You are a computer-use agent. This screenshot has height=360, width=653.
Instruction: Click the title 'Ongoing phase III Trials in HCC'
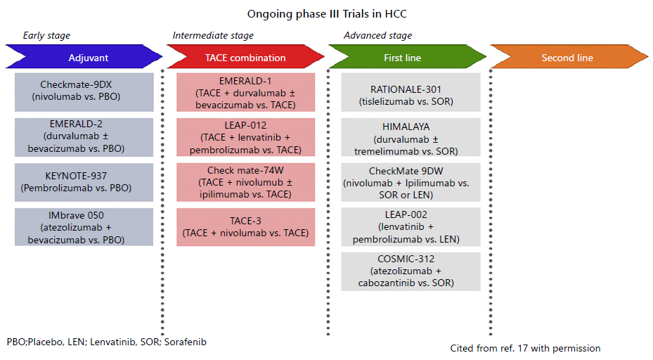327,14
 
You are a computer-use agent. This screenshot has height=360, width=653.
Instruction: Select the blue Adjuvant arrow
84,57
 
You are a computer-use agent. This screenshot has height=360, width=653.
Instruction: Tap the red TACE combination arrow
246,57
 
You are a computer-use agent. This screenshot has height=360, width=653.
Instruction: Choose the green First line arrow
407,57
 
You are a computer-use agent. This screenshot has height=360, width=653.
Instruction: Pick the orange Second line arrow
569,57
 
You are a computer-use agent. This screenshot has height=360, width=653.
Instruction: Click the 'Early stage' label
46,35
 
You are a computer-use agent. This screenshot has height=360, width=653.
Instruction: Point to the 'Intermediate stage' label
213,35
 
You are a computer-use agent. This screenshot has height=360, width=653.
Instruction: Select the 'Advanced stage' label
377,35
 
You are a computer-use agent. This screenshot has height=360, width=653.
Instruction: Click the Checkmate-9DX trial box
84,92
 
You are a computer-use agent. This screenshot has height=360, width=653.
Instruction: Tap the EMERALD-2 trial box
84,137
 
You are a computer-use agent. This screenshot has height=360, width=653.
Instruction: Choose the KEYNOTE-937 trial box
84,182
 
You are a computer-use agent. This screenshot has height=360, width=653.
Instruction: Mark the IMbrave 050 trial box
84,226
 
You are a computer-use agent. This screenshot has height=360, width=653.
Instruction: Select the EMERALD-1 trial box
246,92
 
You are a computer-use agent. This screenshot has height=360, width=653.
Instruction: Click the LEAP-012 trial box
246,137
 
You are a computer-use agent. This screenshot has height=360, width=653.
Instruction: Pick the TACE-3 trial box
246,226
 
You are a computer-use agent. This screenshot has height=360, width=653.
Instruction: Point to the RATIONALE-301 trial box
410,92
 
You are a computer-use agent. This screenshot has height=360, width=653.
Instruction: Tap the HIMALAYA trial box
410,137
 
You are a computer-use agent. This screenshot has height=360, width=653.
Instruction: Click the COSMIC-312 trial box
410,271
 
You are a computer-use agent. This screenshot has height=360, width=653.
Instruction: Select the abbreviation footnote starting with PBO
107,342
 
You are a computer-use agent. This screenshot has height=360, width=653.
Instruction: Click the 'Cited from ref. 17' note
525,348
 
